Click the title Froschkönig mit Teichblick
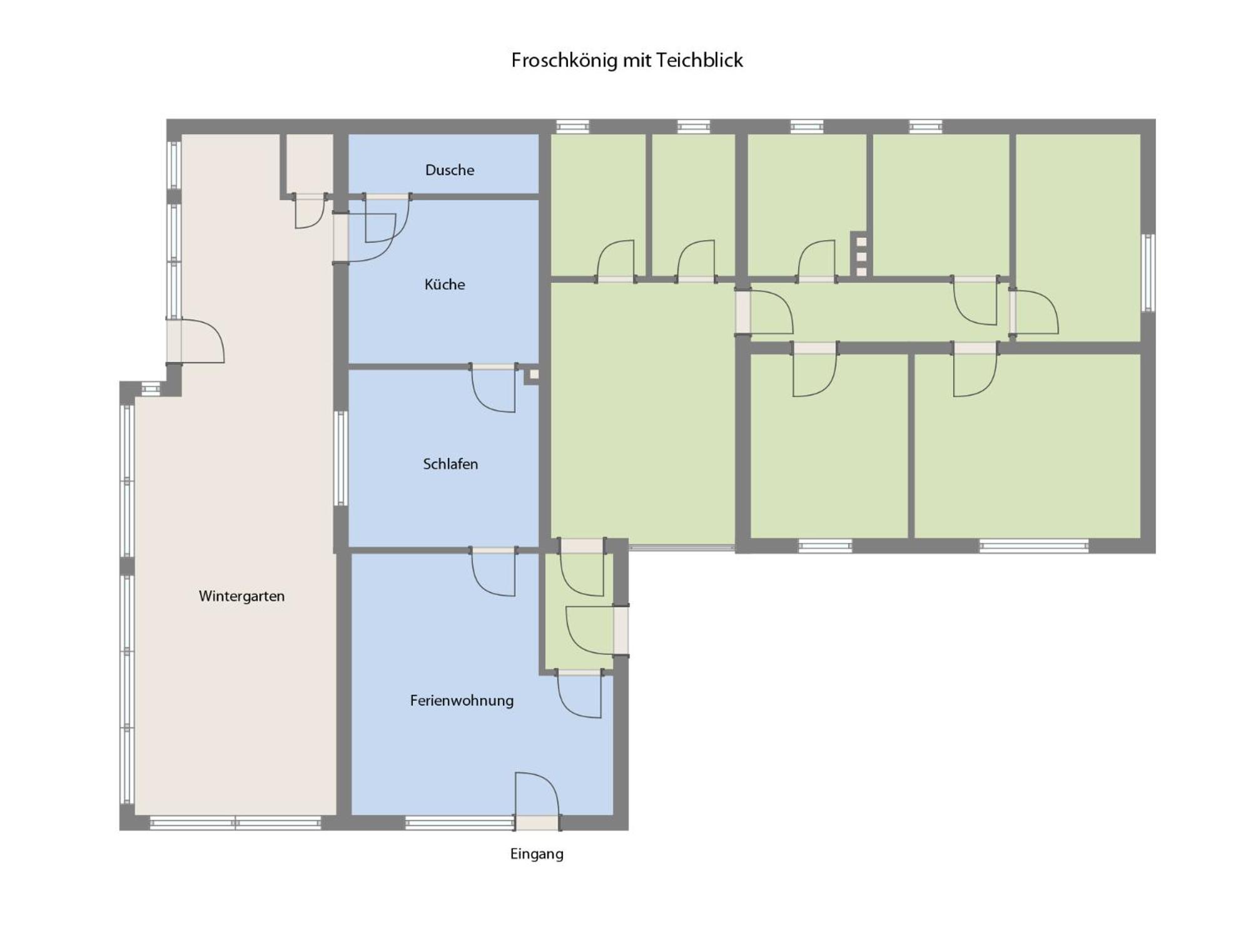click(627, 61)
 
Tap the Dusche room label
click(449, 170)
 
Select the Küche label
click(445, 285)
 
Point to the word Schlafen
click(450, 464)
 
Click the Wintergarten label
click(241, 596)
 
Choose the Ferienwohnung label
click(462, 700)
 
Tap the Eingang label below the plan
click(537, 854)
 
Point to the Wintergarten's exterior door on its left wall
click(195, 341)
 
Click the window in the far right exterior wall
click(1148, 273)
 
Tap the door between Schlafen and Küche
click(494, 388)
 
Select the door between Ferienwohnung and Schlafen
click(494, 572)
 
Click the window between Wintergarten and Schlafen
click(340, 458)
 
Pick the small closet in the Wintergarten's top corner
click(310, 164)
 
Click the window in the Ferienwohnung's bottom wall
click(459, 823)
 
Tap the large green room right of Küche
click(642, 413)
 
